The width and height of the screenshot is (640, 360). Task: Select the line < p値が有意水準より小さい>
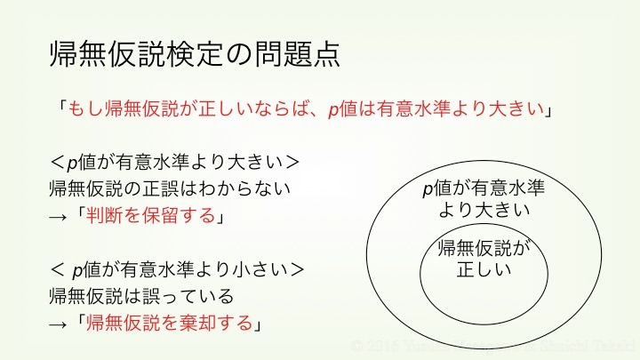pyautogui.click(x=178, y=268)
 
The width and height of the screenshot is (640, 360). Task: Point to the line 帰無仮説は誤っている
pyautogui.click(x=141, y=295)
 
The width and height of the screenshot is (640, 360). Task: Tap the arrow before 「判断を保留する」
pyautogui.click(x=59, y=216)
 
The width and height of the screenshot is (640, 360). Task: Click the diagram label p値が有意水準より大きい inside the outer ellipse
pyautogui.click(x=484, y=199)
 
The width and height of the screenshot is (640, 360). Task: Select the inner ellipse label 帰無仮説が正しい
pyautogui.click(x=484, y=258)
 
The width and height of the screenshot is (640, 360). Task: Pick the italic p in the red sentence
pyautogui.click(x=332, y=110)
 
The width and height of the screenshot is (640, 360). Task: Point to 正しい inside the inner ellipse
pyautogui.click(x=484, y=268)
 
